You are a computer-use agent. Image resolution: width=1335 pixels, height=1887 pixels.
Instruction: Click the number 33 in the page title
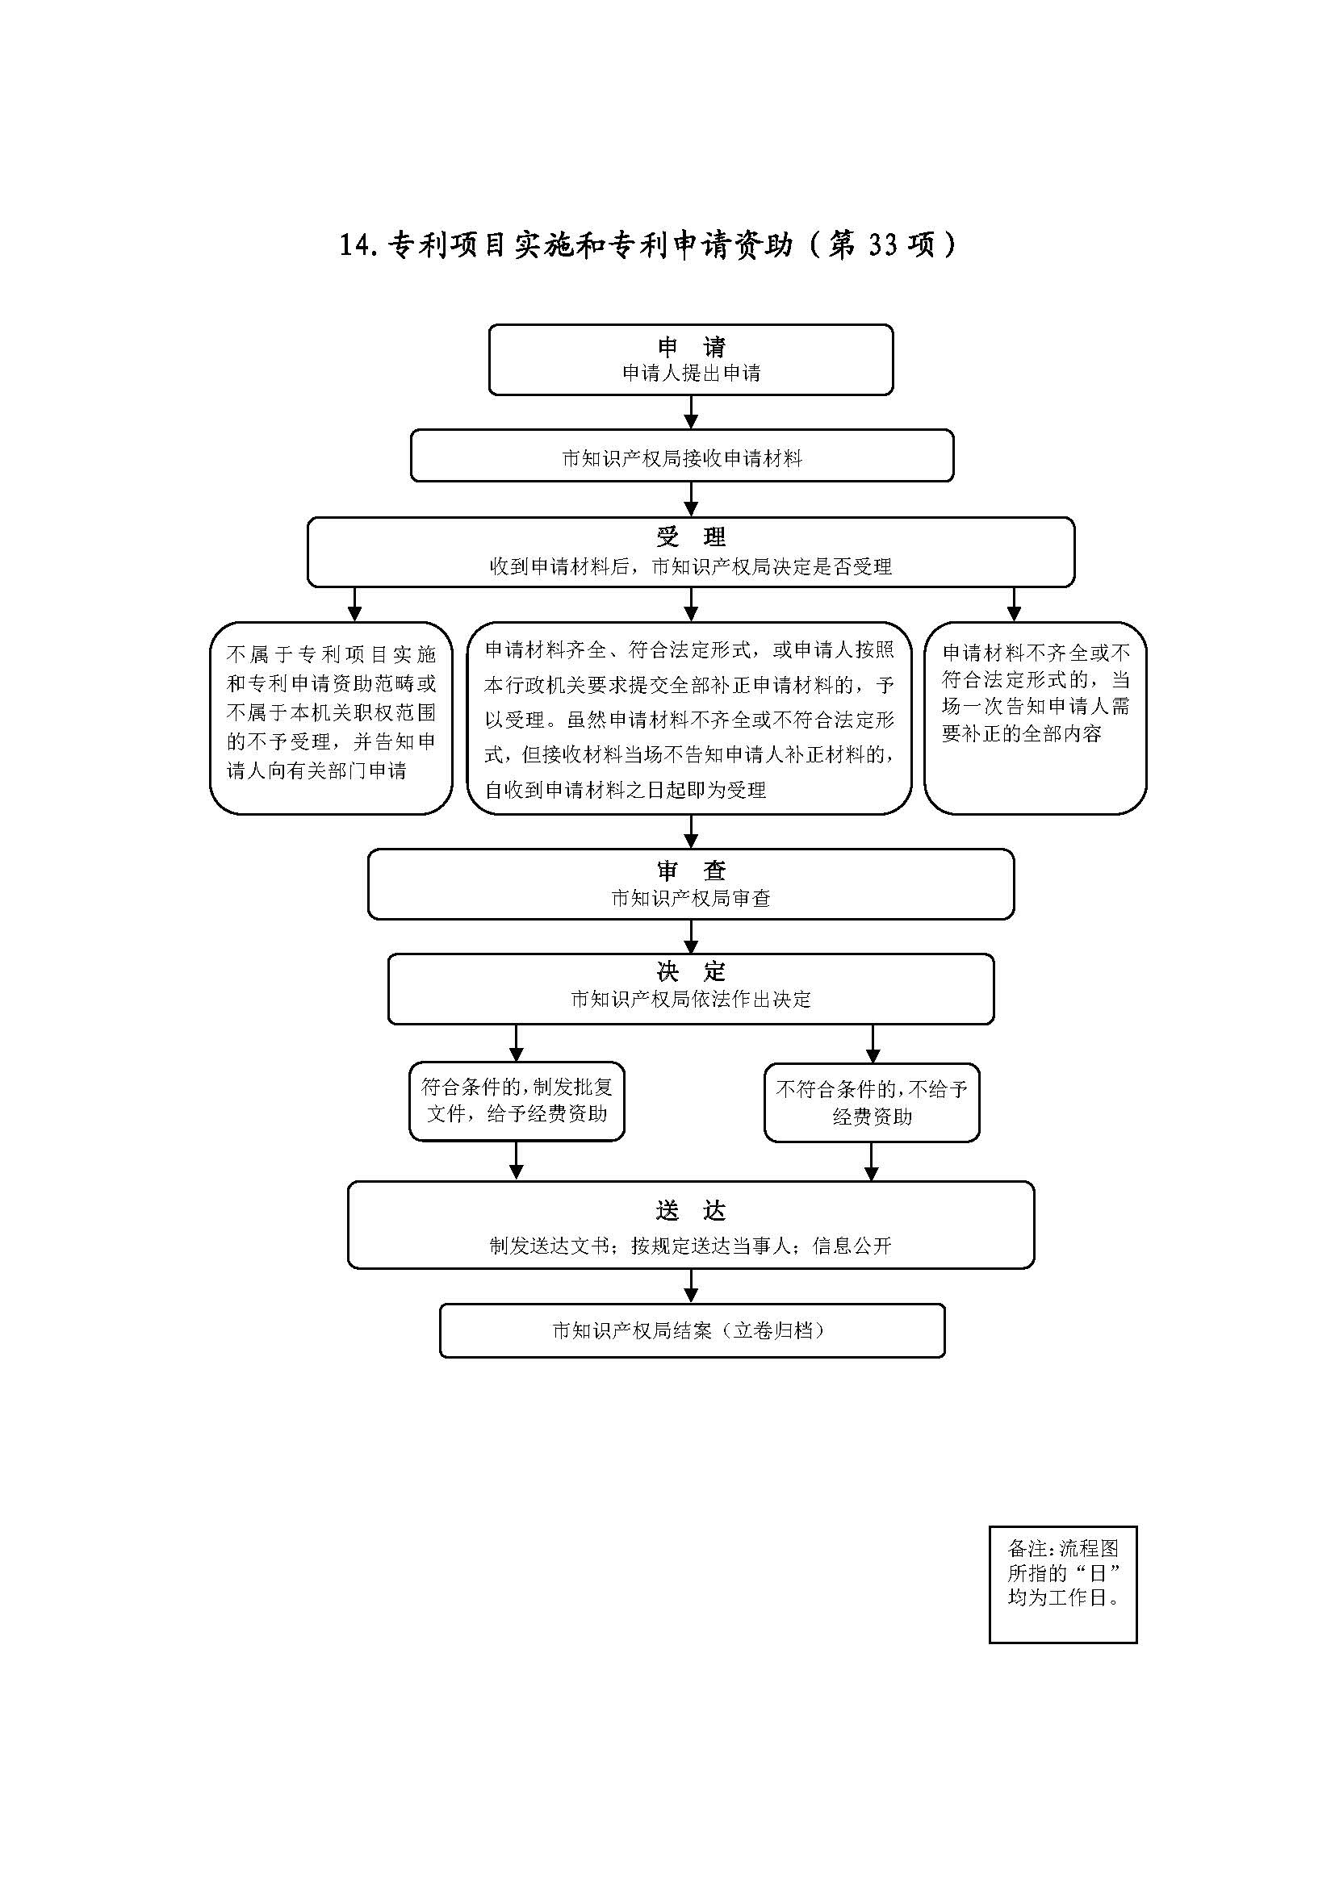click(x=881, y=245)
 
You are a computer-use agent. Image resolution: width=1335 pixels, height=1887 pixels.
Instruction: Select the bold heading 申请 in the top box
click(x=691, y=347)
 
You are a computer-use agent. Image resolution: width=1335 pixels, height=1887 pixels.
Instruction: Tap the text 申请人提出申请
click(x=691, y=374)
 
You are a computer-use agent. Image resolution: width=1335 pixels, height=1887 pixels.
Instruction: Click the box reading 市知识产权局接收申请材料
click(x=681, y=455)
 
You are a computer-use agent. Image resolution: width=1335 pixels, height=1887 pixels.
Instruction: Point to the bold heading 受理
click(x=691, y=537)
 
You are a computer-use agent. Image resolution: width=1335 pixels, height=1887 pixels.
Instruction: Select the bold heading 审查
click(x=691, y=870)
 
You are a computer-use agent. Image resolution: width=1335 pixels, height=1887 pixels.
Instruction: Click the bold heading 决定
click(x=691, y=972)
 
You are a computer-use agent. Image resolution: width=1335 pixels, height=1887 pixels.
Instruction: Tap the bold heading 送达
click(x=691, y=1211)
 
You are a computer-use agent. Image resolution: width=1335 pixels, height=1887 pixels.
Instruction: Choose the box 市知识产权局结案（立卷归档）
click(x=692, y=1330)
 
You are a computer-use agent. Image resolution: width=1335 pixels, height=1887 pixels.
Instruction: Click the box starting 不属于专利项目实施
click(x=330, y=717)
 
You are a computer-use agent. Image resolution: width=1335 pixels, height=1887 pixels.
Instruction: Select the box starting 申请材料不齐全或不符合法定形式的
click(x=1035, y=717)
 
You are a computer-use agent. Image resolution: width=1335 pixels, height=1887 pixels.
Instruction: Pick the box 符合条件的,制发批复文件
click(x=517, y=1100)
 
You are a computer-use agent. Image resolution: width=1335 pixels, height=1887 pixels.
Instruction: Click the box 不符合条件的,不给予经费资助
click(x=872, y=1102)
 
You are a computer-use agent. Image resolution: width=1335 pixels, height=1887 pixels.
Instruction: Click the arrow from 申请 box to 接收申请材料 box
click(x=691, y=412)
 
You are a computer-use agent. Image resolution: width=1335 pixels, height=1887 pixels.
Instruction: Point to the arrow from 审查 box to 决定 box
click(x=691, y=937)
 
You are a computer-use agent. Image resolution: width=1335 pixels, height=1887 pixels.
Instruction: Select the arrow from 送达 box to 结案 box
click(x=691, y=1286)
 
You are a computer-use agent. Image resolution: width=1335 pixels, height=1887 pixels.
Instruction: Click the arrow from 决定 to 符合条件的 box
click(x=517, y=1043)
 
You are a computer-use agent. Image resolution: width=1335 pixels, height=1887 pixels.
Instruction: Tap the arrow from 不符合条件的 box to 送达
click(x=872, y=1162)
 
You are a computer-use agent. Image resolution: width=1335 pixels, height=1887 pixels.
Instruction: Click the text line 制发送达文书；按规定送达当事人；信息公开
click(x=691, y=1246)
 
